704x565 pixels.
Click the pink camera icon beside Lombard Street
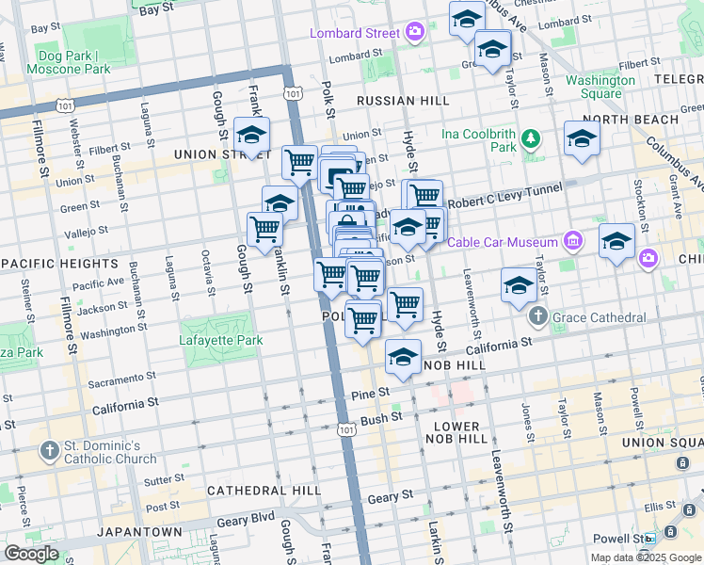click(415, 33)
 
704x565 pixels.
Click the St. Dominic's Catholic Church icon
click(49, 452)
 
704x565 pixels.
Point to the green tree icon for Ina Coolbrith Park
click(531, 140)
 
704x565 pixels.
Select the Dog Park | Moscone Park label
click(69, 62)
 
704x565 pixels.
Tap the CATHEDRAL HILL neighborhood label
click(257, 491)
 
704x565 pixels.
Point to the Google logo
click(31, 554)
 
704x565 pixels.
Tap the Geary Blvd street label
click(248, 516)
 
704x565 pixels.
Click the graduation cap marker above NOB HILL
click(403, 357)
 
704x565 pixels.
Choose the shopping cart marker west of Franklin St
click(264, 227)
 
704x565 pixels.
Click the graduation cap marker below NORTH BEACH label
click(582, 138)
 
